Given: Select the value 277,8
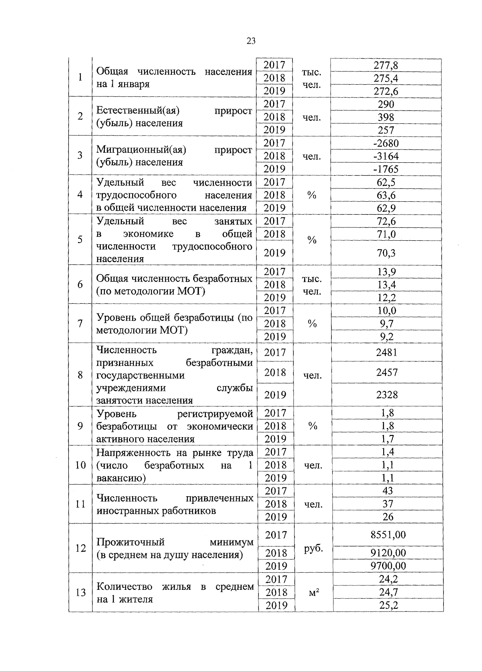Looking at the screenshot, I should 386,65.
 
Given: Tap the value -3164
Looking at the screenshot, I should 386,156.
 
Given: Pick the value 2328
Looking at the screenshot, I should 387,395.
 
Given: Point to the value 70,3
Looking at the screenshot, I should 386,253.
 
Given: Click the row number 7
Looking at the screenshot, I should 80,323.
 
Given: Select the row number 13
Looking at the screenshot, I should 80,592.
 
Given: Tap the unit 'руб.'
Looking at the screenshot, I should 313,549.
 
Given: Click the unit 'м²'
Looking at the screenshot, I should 314,592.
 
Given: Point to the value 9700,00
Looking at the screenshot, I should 388,566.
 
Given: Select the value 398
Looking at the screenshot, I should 386,117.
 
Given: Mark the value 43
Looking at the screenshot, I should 388,491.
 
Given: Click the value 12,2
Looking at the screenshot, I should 386,298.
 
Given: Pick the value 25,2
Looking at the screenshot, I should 388,605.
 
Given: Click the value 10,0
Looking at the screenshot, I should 386,311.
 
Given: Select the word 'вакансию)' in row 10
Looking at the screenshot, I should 121,478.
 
